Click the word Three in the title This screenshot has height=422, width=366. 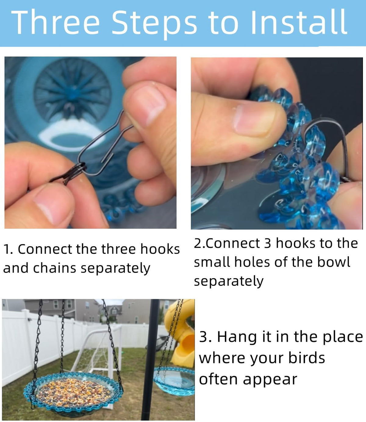(56, 21)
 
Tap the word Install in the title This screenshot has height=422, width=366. (299, 21)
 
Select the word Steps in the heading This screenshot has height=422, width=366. (154, 24)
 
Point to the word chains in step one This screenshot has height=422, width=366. (55, 268)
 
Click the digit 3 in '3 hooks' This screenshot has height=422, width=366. (267, 243)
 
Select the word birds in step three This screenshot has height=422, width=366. (307, 358)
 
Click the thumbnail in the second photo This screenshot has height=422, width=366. (254, 120)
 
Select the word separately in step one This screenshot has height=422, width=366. (115, 268)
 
